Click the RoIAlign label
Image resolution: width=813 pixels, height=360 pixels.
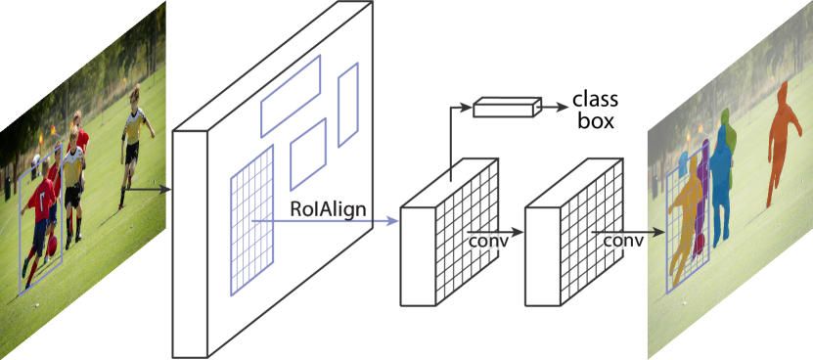click(327, 207)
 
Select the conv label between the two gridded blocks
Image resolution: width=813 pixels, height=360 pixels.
click(489, 241)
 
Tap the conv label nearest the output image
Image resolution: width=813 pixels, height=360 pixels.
click(623, 241)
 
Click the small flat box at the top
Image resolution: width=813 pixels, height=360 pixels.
click(507, 107)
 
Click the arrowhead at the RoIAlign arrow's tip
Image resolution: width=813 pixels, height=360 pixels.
click(393, 220)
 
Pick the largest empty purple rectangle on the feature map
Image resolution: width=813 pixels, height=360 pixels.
click(291, 96)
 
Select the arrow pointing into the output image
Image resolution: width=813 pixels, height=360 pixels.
click(654, 234)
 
